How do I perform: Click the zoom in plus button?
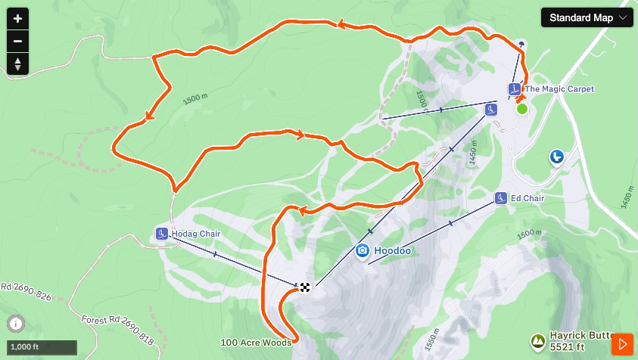pos(17,18)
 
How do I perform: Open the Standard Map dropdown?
pos(587,17)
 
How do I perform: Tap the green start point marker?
pos(521,109)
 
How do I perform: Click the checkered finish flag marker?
pos(304,286)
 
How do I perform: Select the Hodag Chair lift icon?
pos(161,234)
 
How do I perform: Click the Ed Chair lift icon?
pos(500,198)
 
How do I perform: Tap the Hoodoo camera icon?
pos(363,250)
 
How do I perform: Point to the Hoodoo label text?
pos(393,250)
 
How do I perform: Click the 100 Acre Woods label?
pos(256,343)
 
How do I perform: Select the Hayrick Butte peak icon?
pos(537,342)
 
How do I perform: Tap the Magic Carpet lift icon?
pos(515,89)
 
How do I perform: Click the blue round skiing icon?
pos(556,157)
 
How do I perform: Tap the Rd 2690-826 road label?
pos(26,292)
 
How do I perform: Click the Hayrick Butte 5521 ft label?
pos(578,342)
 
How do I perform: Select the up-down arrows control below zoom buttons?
pos(17,64)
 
